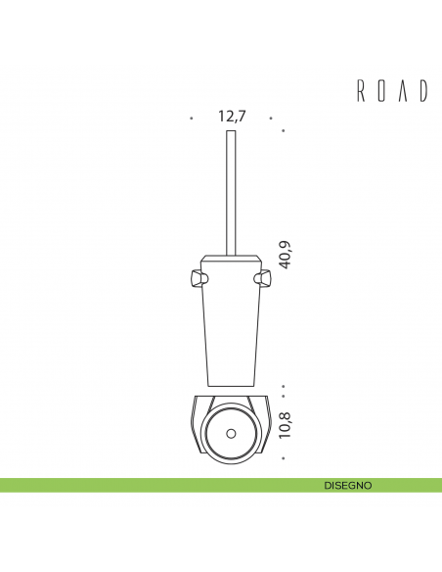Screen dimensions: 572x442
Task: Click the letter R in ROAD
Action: (360, 92)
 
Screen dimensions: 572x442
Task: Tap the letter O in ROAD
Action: (381, 92)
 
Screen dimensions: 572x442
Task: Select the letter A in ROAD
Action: (403, 92)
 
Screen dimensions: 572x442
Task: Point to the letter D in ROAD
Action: (424, 92)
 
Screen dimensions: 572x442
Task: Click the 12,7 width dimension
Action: (231, 117)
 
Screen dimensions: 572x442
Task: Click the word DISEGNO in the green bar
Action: (348, 485)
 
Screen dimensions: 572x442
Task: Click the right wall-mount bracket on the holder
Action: (263, 281)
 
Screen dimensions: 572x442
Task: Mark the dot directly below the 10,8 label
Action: (283, 458)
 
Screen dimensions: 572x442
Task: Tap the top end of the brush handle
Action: (232, 130)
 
